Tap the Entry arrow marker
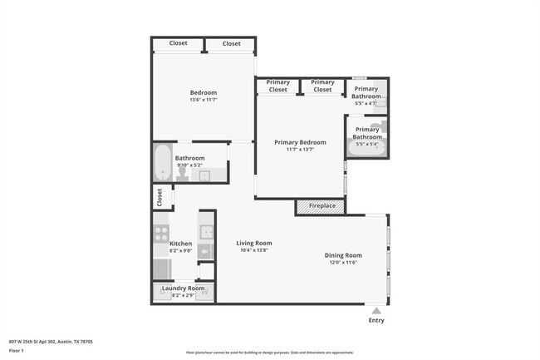[x=376, y=311]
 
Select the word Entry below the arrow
[x=376, y=321]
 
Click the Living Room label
[x=253, y=244]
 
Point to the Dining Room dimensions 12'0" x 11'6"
[x=342, y=262]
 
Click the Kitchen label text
[x=180, y=244]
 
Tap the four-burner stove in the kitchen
[x=161, y=234]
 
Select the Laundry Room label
[x=183, y=288]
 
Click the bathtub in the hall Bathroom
[x=162, y=163]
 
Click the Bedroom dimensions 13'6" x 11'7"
[x=203, y=100]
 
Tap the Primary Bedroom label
[x=300, y=142]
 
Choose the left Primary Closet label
[x=278, y=86]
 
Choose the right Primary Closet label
[x=322, y=86]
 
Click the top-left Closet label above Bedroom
[x=178, y=43]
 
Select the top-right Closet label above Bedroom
[x=231, y=43]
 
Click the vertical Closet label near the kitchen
[x=159, y=197]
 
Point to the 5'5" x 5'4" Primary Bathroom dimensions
[x=366, y=145]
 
